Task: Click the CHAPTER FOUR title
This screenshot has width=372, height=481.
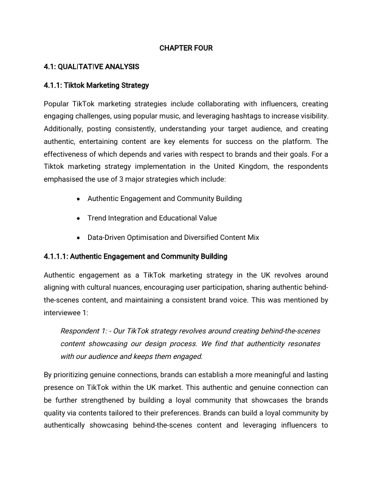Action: pyautogui.click(x=186, y=47)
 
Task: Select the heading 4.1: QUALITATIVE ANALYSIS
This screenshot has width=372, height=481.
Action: pyautogui.click(x=92, y=66)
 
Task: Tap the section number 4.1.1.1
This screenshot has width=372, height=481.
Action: pyautogui.click(x=58, y=256)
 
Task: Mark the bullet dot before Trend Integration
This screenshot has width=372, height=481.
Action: pyautogui.click(x=80, y=218)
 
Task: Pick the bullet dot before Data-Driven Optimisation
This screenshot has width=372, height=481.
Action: pyautogui.click(x=80, y=237)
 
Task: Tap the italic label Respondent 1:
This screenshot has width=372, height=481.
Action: pyautogui.click(x=83, y=331)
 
